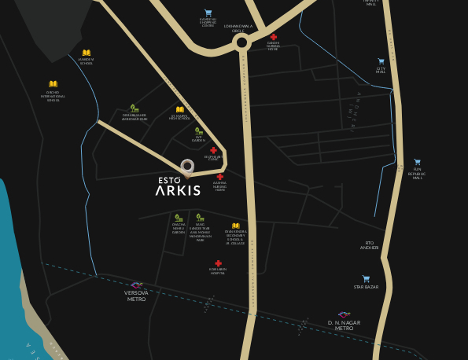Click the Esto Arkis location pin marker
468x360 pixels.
[187, 166]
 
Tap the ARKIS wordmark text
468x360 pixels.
[178, 190]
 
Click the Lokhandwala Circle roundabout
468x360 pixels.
[242, 42]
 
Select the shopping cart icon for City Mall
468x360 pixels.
[381, 61]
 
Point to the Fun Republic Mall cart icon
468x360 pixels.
[418, 162]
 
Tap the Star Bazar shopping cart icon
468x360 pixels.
[366, 278]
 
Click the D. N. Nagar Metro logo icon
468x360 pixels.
[345, 314]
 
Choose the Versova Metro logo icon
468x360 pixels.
[136, 285]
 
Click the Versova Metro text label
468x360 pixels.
[136, 296]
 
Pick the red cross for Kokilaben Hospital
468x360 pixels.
[218, 263]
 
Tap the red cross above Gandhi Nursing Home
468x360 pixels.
[274, 37]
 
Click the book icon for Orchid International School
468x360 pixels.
[53, 84]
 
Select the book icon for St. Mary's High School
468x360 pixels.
[180, 109]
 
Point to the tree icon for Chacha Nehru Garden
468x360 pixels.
[179, 218]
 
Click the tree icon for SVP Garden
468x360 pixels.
[199, 131]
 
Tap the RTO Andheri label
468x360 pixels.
[370, 245]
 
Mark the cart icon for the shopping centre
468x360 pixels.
[208, 13]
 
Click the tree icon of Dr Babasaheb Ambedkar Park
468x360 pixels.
[135, 108]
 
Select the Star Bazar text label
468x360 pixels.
[366, 287]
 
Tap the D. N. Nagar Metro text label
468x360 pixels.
[345, 325]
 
